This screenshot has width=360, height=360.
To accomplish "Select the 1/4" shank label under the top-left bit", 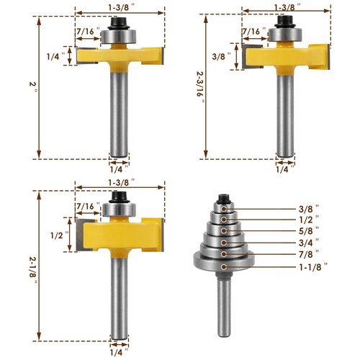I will point(116,170).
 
